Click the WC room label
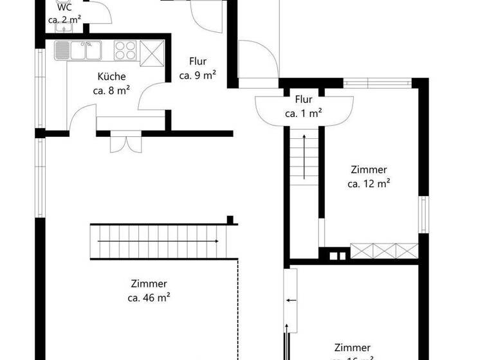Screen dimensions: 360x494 64,8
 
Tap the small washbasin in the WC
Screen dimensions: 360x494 65,26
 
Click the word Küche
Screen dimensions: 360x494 112,76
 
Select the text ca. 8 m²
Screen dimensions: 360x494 112,91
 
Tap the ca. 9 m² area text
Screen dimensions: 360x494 197,75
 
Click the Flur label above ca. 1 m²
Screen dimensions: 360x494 304,100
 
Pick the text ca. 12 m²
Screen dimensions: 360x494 369,184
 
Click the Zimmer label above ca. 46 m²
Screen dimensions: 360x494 149,283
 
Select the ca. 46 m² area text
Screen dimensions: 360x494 149,298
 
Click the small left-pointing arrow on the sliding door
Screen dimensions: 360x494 291,300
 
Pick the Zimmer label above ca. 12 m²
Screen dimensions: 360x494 369,170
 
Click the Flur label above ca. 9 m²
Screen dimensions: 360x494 197,62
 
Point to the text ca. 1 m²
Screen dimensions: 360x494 304,114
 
